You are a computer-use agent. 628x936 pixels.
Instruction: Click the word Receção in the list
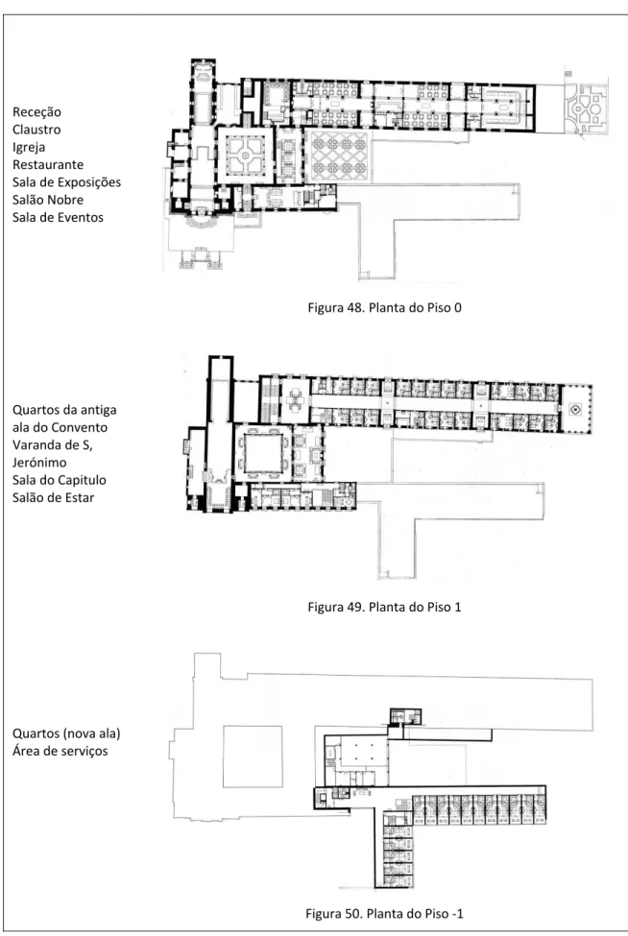click(36, 112)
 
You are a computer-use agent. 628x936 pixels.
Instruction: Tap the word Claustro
click(36, 130)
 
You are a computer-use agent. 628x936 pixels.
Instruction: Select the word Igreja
click(29, 148)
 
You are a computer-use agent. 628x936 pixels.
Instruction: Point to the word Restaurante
click(48, 165)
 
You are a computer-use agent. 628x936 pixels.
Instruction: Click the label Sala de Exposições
click(66, 182)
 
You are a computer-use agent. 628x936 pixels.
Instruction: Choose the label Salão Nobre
click(48, 200)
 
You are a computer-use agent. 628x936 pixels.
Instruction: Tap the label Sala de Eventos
click(58, 217)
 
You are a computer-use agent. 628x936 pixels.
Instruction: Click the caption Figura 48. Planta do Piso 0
click(384, 308)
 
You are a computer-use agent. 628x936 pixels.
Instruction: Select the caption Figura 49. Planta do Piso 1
click(384, 607)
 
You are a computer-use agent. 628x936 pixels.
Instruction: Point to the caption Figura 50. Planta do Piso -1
click(384, 913)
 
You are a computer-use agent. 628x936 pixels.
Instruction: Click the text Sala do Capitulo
click(60, 480)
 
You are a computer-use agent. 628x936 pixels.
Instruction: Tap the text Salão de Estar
click(53, 498)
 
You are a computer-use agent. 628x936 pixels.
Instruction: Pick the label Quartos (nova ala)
click(66, 733)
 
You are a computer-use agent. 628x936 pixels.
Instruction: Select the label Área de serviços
click(60, 751)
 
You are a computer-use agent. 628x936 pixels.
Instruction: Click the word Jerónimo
click(39, 463)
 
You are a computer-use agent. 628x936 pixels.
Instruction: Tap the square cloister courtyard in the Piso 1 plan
click(263, 453)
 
